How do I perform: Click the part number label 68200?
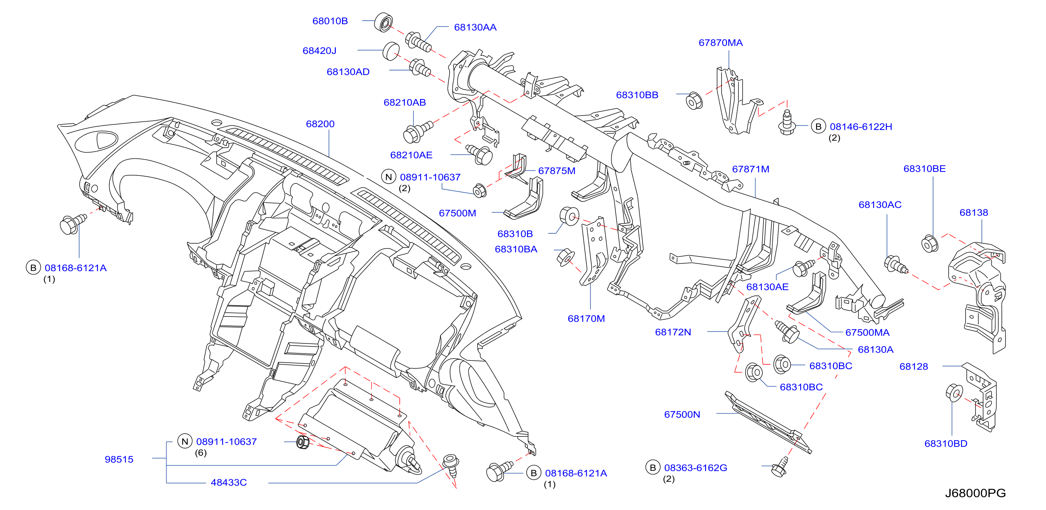(320, 124)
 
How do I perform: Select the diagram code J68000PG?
(975, 493)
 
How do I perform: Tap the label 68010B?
(330, 21)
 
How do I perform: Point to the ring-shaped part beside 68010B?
(384, 22)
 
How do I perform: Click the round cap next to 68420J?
(391, 51)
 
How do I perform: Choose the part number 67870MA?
(720, 43)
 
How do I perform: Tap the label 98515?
(119, 459)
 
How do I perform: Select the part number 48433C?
(229, 483)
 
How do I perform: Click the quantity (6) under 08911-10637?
(201, 453)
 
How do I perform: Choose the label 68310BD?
(946, 443)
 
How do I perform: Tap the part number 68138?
(973, 212)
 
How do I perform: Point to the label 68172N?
(673, 332)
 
